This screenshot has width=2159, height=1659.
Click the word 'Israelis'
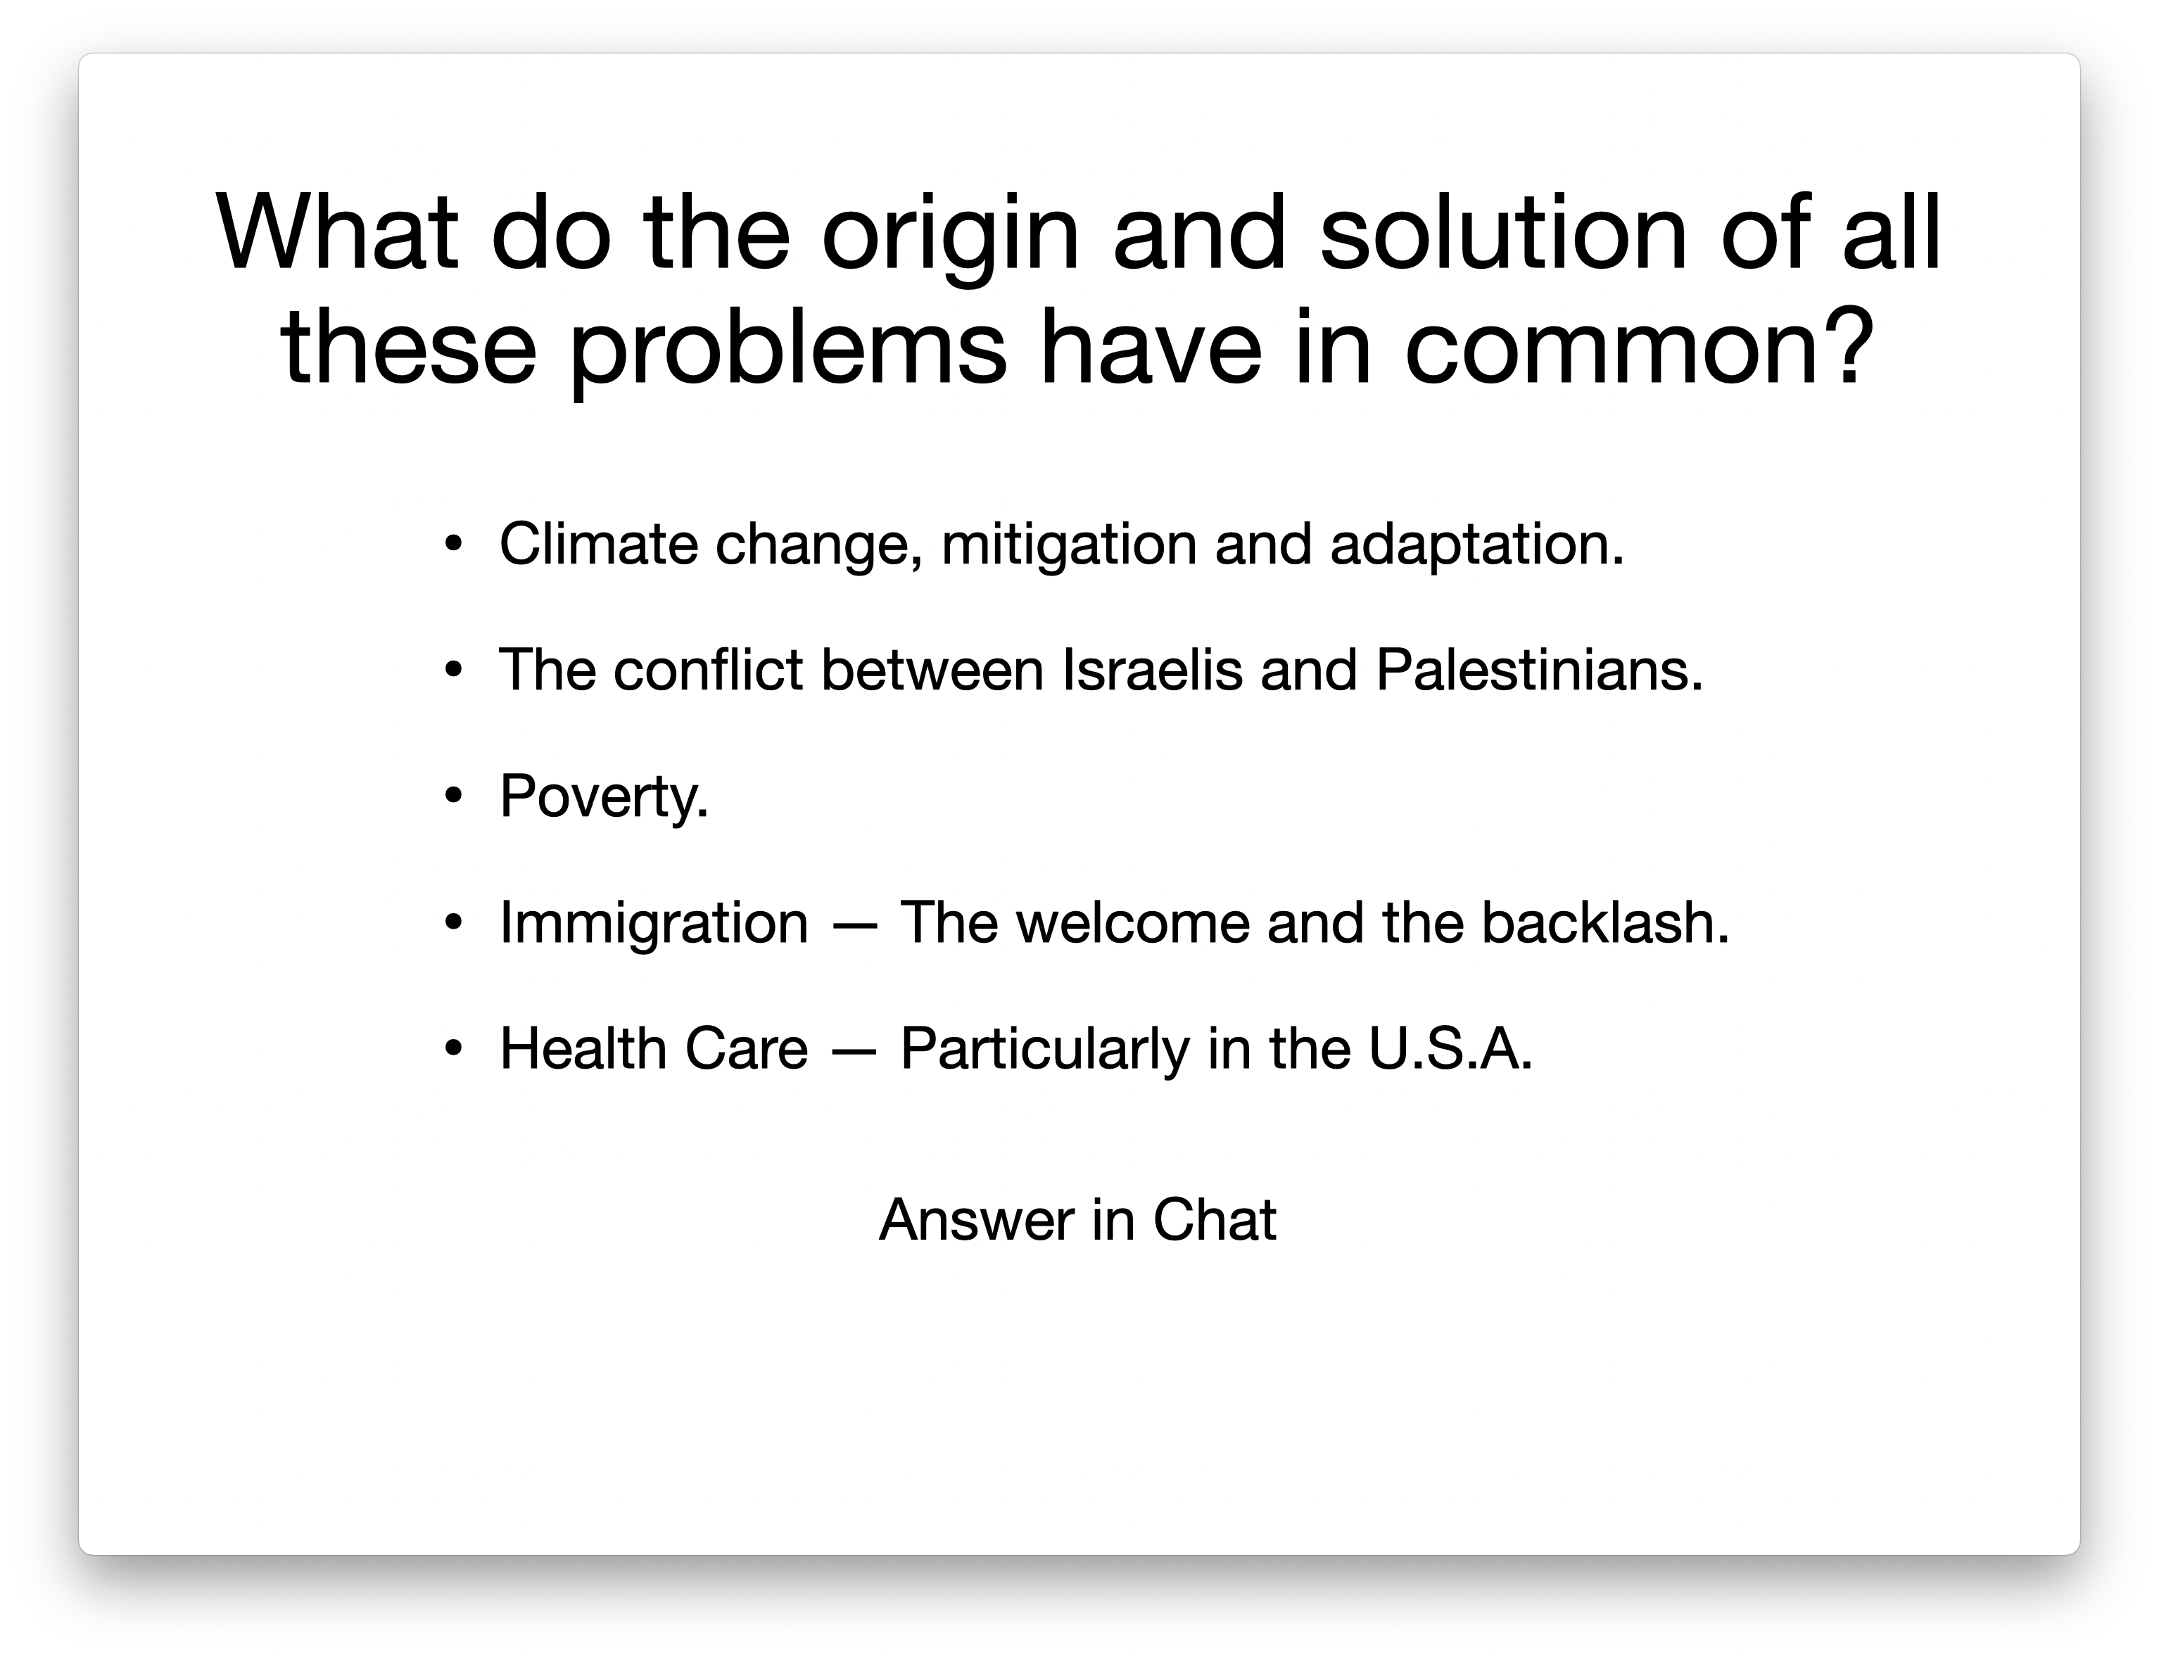click(x=1151, y=670)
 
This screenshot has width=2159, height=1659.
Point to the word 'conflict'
click(x=707, y=670)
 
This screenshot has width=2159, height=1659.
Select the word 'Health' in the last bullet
click(x=583, y=1049)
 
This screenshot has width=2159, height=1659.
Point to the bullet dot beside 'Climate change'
click(x=453, y=543)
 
